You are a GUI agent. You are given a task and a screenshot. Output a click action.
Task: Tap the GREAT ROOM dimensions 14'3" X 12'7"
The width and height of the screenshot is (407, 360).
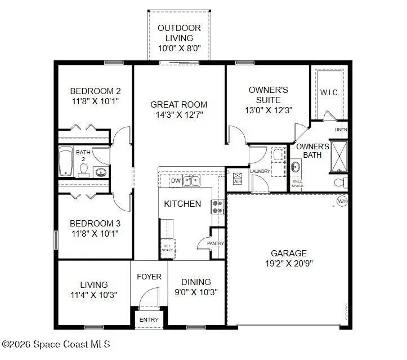[x=178, y=114]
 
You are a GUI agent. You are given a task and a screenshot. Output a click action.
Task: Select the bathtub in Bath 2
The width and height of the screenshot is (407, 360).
[x=66, y=162]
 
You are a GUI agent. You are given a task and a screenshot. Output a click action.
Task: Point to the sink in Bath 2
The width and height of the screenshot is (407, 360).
[x=101, y=172]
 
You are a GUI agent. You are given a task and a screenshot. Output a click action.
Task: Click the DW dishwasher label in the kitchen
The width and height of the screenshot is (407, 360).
[x=175, y=181]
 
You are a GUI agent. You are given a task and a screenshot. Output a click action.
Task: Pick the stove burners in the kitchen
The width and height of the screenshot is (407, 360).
[x=217, y=207]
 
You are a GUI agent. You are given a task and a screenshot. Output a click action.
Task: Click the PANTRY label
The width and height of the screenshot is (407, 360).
[x=216, y=243]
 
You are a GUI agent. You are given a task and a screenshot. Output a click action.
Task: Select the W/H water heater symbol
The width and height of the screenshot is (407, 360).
[x=342, y=201]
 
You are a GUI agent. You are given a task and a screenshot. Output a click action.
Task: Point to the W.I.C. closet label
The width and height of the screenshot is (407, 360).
[x=329, y=92]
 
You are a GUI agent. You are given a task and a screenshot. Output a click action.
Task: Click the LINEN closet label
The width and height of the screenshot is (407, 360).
[x=341, y=130]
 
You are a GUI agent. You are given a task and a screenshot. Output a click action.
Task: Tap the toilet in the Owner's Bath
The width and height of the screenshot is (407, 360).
[x=339, y=183]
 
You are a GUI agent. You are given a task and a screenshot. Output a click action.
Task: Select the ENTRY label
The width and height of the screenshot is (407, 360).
[x=149, y=319]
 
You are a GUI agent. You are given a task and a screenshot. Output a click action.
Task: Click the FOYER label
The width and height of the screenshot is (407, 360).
[x=149, y=277]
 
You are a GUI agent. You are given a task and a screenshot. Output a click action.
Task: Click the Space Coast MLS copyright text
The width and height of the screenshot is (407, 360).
[x=56, y=343]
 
